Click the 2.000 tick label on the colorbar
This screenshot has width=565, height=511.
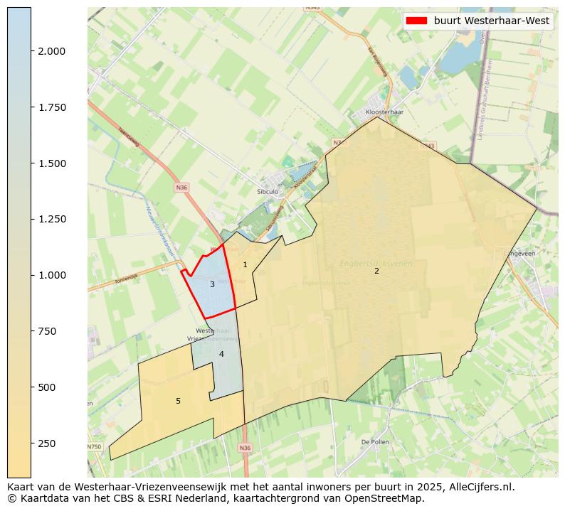(52, 51)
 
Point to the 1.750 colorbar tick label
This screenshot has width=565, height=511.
(52, 107)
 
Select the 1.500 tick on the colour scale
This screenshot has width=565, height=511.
(52, 163)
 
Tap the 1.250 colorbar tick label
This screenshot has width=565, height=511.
(52, 219)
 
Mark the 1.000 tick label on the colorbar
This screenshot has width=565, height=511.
(52, 275)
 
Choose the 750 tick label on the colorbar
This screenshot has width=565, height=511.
(47, 331)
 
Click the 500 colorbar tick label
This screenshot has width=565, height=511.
(47, 387)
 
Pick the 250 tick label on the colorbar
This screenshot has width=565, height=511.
(47, 443)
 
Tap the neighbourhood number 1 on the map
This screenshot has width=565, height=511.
(245, 265)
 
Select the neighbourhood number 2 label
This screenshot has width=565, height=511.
(376, 271)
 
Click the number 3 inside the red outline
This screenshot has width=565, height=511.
(212, 284)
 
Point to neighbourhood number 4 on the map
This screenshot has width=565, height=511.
(221, 354)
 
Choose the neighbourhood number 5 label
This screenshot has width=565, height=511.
(178, 402)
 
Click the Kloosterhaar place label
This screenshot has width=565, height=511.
(384, 112)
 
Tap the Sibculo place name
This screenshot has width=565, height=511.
(268, 192)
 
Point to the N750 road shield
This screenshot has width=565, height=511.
(94, 447)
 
